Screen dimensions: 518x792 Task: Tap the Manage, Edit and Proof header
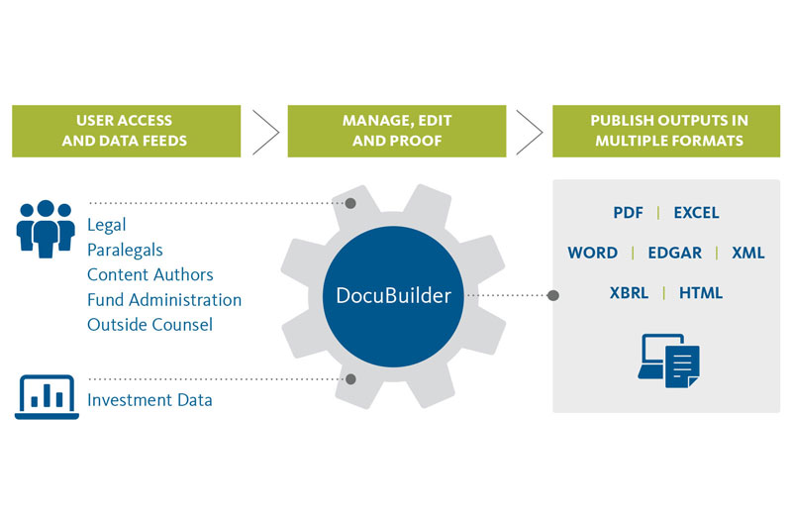click(397, 131)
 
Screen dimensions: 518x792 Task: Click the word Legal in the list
click(107, 225)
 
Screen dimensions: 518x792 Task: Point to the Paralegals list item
click(125, 250)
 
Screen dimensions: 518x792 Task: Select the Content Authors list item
click(150, 274)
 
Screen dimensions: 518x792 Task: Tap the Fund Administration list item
click(164, 299)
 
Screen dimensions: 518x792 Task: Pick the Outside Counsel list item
click(149, 324)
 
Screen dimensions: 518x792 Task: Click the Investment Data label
click(149, 400)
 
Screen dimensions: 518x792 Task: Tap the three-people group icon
click(46, 226)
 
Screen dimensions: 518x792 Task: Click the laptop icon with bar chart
click(46, 398)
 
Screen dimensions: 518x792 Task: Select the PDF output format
click(629, 213)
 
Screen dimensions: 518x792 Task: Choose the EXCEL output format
click(696, 213)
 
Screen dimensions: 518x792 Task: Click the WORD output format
click(593, 253)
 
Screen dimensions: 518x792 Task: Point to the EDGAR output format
click(674, 253)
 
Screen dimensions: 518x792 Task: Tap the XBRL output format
click(632, 292)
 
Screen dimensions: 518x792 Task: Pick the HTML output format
click(700, 292)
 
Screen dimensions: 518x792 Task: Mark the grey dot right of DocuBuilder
click(553, 295)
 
